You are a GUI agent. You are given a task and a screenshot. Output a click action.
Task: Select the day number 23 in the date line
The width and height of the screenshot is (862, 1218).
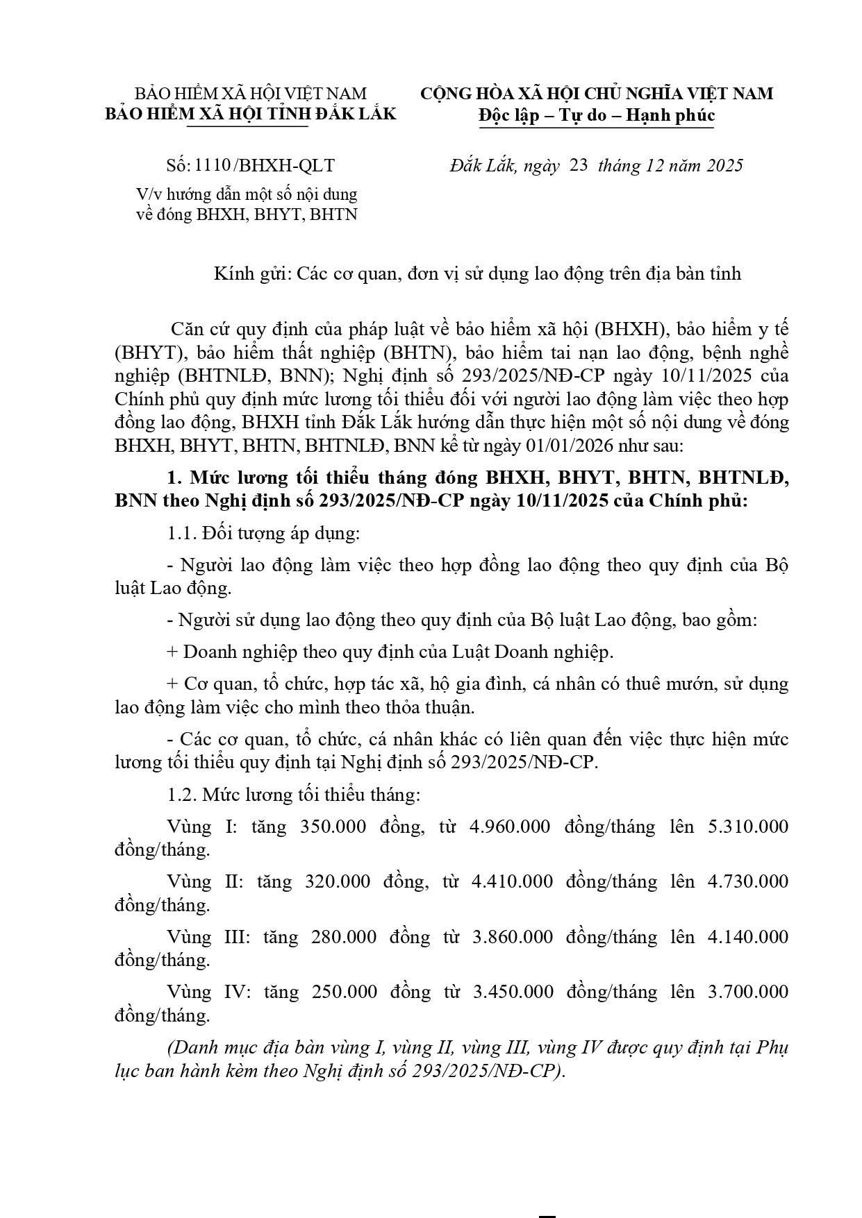pos(578,165)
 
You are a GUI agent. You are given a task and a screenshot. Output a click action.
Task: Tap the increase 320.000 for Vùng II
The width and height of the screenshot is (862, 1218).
pos(336,881)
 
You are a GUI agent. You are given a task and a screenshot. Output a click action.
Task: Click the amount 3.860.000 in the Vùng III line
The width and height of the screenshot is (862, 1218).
pos(513,937)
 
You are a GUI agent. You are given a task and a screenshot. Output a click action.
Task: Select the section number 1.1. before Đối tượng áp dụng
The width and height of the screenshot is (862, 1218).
pos(181,534)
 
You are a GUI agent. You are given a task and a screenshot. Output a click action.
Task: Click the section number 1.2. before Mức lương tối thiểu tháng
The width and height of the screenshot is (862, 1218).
pos(182,794)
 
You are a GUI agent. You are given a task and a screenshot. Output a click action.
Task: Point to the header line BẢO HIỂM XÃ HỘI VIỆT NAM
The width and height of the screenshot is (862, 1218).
pos(250,94)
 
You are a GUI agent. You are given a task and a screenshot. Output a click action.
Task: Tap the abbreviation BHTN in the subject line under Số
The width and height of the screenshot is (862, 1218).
pos(333,214)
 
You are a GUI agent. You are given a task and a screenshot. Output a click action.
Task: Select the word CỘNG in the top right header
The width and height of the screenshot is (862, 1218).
pos(449,94)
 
